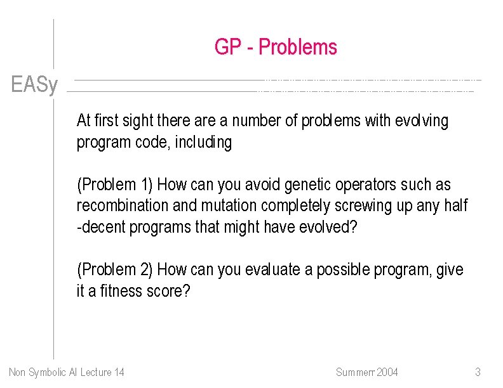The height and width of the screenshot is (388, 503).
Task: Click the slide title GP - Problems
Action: [276, 48]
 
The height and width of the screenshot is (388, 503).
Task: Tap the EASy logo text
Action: [34, 85]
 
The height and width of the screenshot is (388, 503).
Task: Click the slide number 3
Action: [478, 372]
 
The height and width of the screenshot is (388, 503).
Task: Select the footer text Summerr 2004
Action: [366, 372]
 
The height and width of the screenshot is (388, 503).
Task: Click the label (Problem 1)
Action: [115, 185]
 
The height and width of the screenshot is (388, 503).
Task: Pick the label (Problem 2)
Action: [115, 270]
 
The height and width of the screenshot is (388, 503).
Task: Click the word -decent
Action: [101, 228]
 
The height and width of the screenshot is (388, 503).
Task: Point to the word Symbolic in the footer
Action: [48, 372]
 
